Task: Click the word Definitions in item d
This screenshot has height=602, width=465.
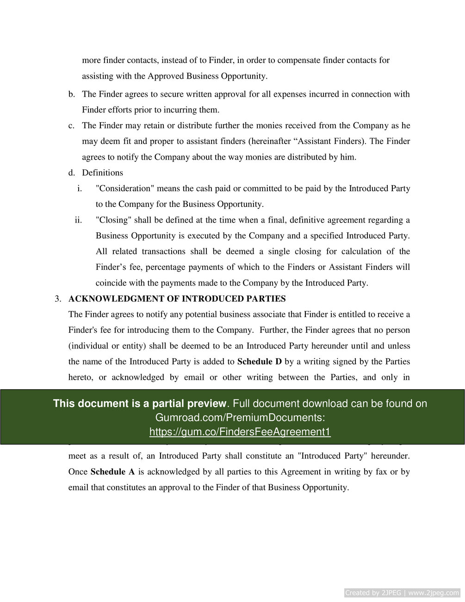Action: [x=102, y=173]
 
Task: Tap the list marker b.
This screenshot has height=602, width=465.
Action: [x=71, y=94]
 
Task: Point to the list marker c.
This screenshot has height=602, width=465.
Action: [x=71, y=125]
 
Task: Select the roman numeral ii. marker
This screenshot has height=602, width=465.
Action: [x=78, y=220]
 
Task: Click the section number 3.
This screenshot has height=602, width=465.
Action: [x=58, y=298]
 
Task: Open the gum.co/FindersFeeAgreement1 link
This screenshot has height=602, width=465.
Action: [x=240, y=432]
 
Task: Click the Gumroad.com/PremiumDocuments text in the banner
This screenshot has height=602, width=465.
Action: [x=240, y=417]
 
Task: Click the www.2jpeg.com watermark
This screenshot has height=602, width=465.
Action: [x=433, y=593]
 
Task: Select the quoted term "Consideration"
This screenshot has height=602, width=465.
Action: [x=124, y=188]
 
